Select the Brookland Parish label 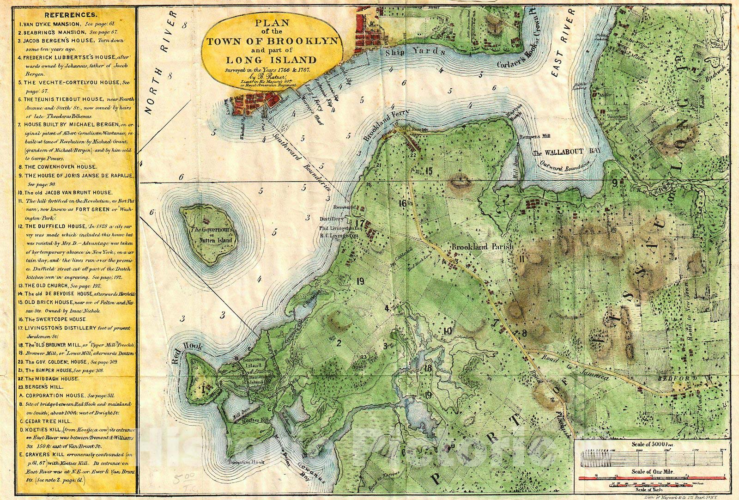tap(482, 247)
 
